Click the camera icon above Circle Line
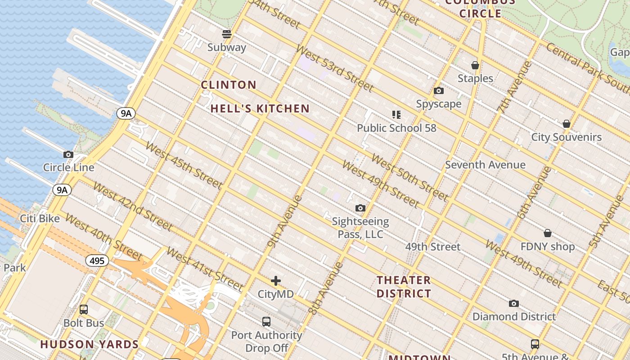pyautogui.click(x=68, y=154)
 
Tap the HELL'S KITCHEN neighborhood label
pyautogui.click(x=260, y=108)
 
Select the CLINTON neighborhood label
pyautogui.click(x=229, y=85)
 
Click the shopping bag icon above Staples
pyautogui.click(x=475, y=66)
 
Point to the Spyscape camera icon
pyautogui.click(x=439, y=91)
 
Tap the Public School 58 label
pyautogui.click(x=396, y=128)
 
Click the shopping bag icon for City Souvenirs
pyautogui.click(x=567, y=124)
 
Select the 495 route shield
pyautogui.click(x=97, y=261)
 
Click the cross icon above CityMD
pyautogui.click(x=276, y=281)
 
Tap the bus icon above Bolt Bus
pyautogui.click(x=84, y=310)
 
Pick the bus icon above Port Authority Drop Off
pyautogui.click(x=266, y=322)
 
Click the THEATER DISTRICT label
pyautogui.click(x=404, y=287)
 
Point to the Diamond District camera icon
pyautogui.click(x=514, y=304)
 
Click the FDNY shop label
pyautogui.click(x=547, y=247)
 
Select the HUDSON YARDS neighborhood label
pyautogui.click(x=90, y=345)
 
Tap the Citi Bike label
pyautogui.click(x=40, y=219)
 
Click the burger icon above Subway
pyautogui.click(x=227, y=34)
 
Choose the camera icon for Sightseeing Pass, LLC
pyautogui.click(x=360, y=208)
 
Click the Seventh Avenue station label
pyautogui.click(x=485, y=165)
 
